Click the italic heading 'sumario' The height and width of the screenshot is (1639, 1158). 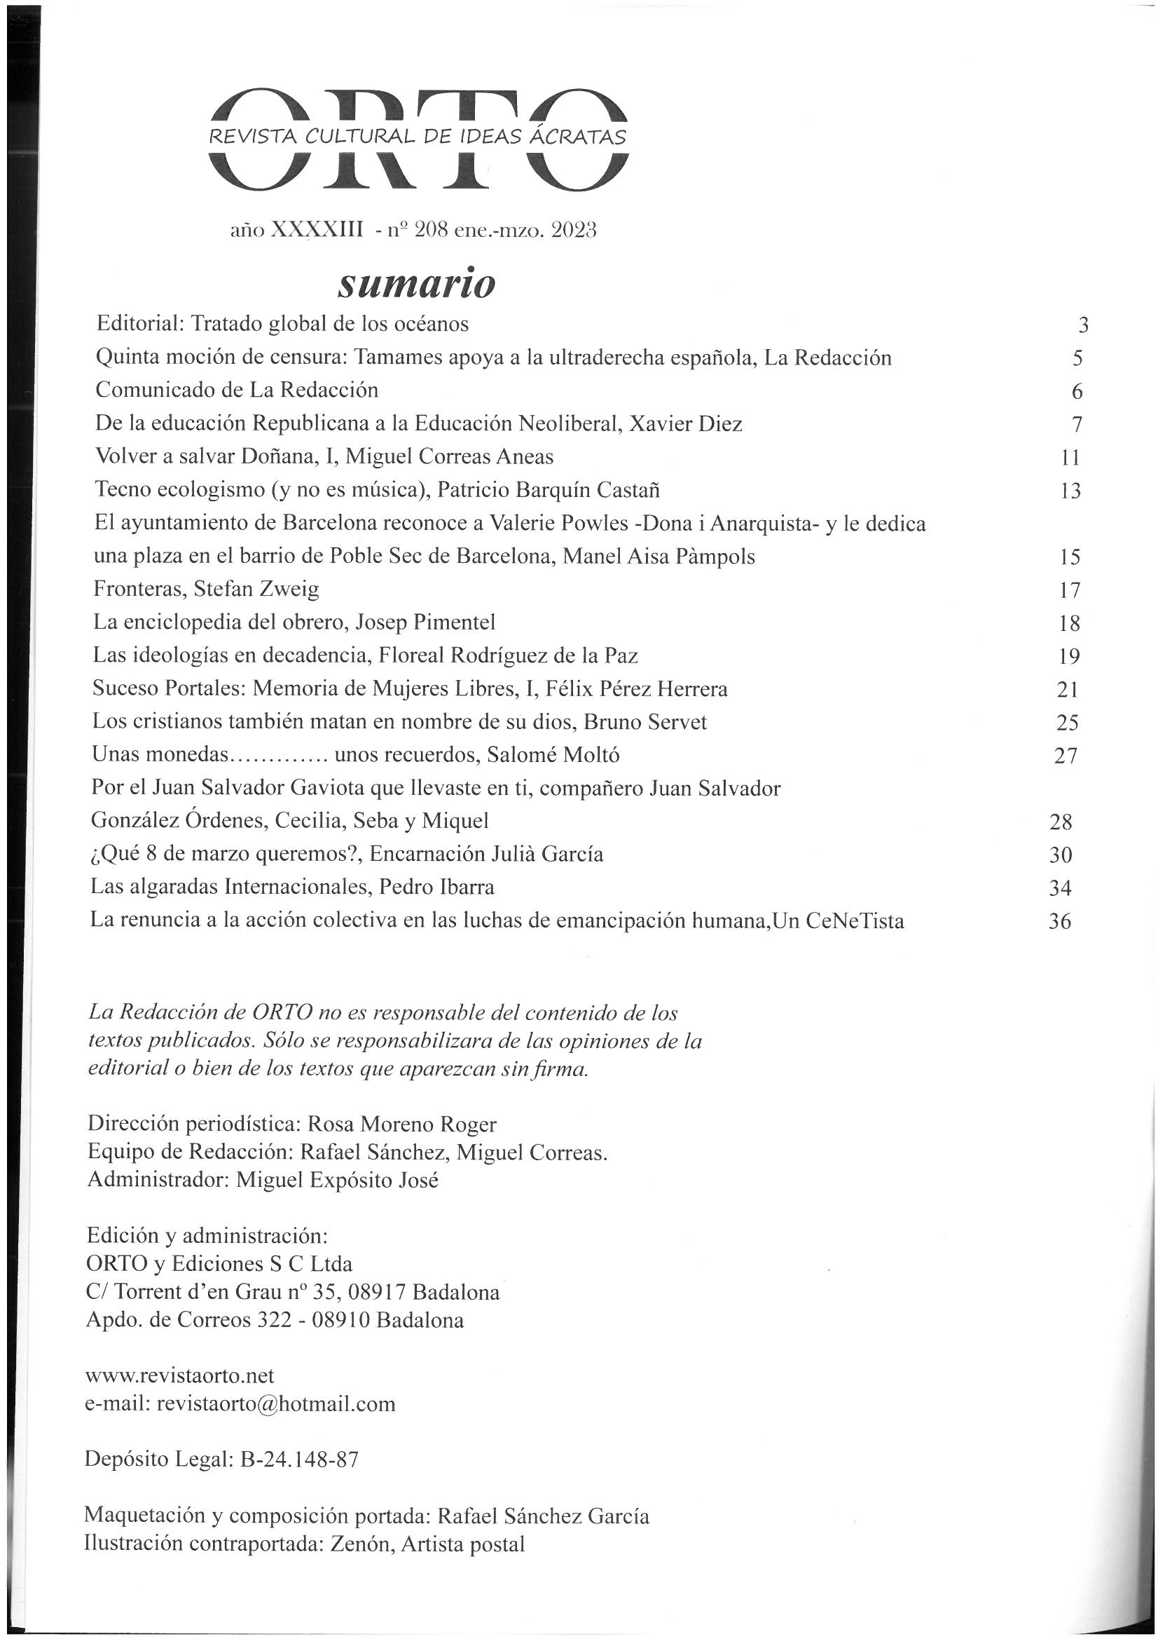(416, 284)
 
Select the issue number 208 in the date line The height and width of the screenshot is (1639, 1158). (432, 231)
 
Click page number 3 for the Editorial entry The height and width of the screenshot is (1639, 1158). (1083, 325)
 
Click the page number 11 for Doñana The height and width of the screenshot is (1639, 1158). (1071, 458)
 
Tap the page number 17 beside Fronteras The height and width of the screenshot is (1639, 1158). (1070, 590)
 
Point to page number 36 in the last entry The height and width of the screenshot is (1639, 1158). (1059, 922)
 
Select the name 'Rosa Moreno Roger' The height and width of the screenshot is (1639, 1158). (401, 1124)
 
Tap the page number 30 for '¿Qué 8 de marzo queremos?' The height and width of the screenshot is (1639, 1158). (1061, 855)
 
